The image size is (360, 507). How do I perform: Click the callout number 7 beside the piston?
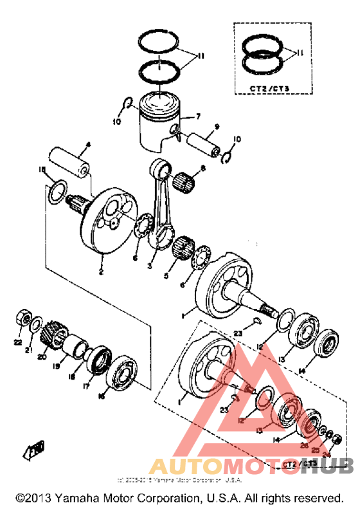pyautogui.click(x=198, y=116)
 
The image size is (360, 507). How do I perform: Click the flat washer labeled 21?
pyautogui.click(x=37, y=322)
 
